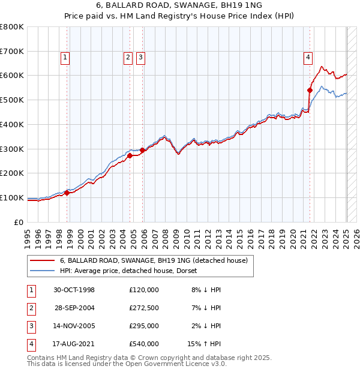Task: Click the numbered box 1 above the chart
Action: click(x=65, y=58)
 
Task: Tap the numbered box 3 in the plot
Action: click(x=140, y=58)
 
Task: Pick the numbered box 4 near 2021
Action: click(x=308, y=58)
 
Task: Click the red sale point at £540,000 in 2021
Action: click(x=310, y=91)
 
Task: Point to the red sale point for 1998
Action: click(x=67, y=193)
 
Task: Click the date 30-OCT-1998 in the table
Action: click(x=74, y=290)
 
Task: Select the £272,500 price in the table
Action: click(x=144, y=308)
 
